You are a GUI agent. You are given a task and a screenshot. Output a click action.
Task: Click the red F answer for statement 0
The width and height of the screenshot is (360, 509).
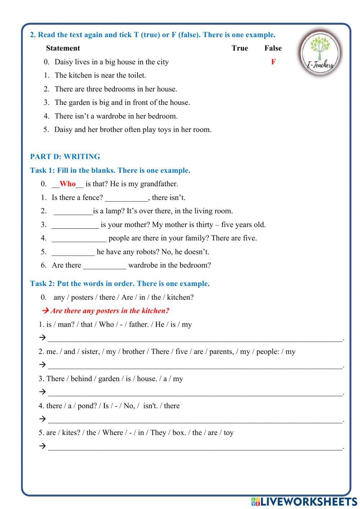pos(273,62)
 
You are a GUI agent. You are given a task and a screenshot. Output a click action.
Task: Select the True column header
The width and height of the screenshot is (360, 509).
pos(240,48)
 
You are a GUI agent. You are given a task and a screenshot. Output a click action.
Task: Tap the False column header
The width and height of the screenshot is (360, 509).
pos(273,48)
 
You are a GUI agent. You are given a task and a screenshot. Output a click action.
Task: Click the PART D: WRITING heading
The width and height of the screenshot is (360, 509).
pos(65,157)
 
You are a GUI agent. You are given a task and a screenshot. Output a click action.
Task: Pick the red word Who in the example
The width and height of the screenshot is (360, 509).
pos(68,184)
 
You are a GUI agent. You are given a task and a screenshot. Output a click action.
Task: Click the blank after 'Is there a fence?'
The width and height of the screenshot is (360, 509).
pos(126,197)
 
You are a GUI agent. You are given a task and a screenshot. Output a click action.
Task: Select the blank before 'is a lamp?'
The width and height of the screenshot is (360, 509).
pos(73,211)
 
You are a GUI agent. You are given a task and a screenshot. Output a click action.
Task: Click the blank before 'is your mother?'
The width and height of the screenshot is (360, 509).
pos(75,225)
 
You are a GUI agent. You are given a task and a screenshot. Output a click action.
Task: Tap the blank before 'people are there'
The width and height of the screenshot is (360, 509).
pos(79,238)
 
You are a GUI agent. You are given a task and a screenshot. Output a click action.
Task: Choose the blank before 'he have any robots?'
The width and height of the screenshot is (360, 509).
pos(73,252)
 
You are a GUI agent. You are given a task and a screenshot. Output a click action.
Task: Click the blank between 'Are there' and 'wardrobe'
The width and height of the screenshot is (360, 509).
pos(105,265)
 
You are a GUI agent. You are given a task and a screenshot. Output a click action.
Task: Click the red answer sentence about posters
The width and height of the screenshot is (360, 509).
pos(109,311)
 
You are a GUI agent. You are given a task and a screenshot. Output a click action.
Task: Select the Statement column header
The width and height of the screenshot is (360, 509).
pos(63,48)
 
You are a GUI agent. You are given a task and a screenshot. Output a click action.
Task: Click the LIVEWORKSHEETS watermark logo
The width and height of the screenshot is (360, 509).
pos(304,501)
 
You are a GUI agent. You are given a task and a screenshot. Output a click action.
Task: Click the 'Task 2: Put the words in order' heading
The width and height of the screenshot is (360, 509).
pos(120,284)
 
